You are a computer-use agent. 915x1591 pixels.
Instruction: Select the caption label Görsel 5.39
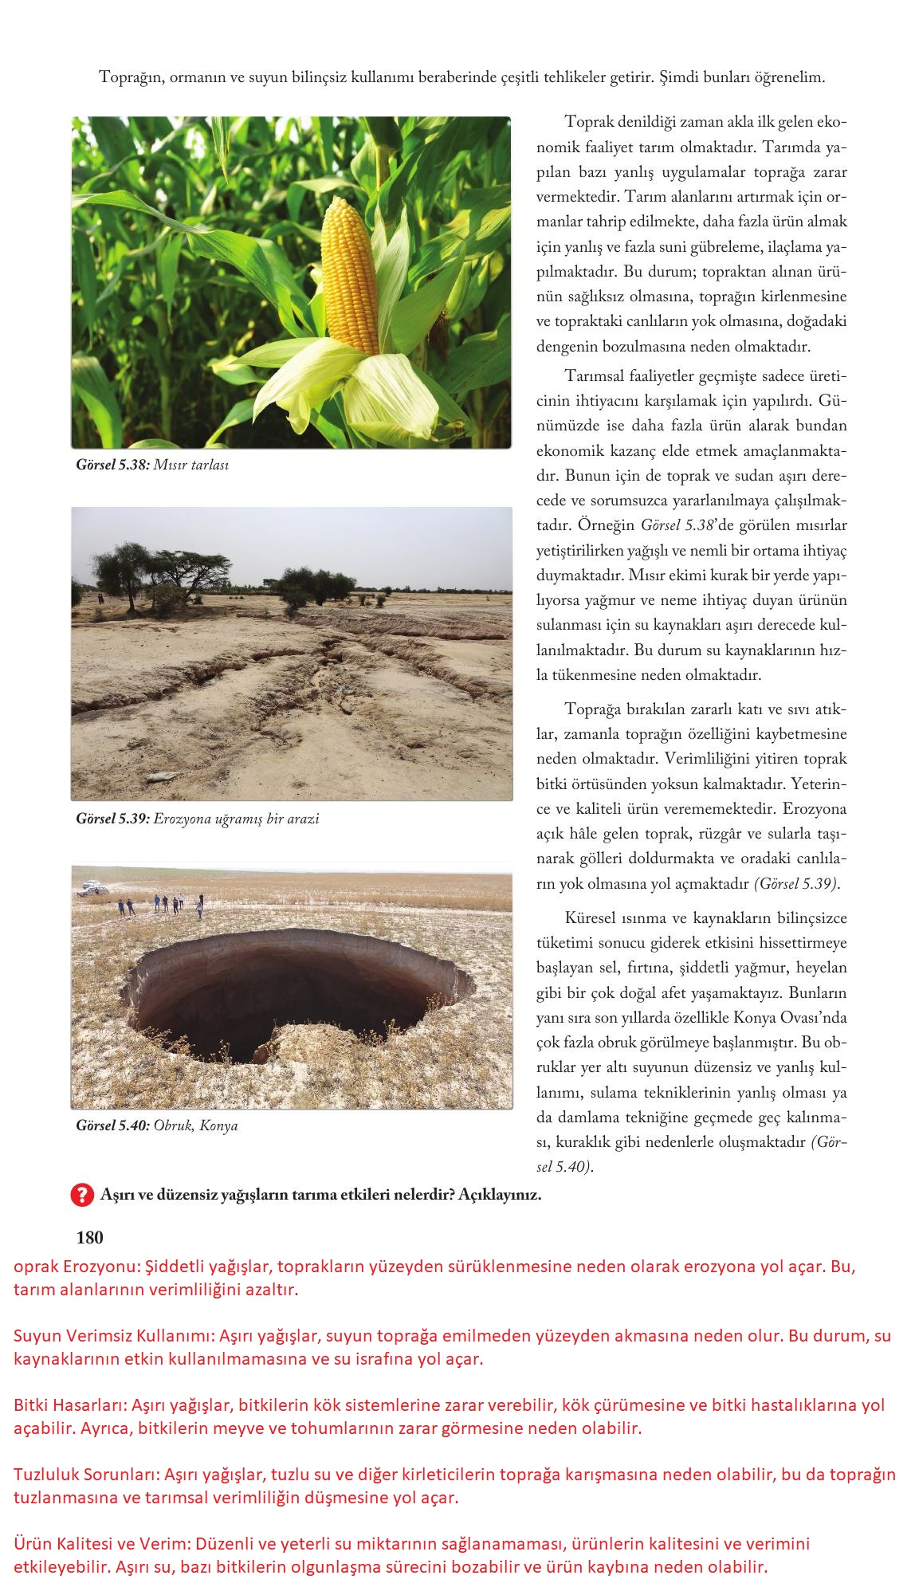(x=112, y=819)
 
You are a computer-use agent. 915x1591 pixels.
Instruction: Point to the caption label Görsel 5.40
(x=112, y=1126)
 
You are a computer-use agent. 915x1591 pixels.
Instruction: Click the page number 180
(x=89, y=1238)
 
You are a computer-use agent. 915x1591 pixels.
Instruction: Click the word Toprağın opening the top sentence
(x=131, y=78)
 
